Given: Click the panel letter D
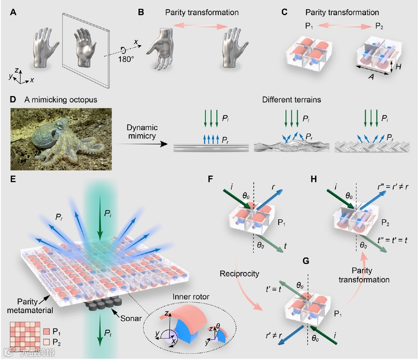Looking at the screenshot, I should click(x=13, y=100).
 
